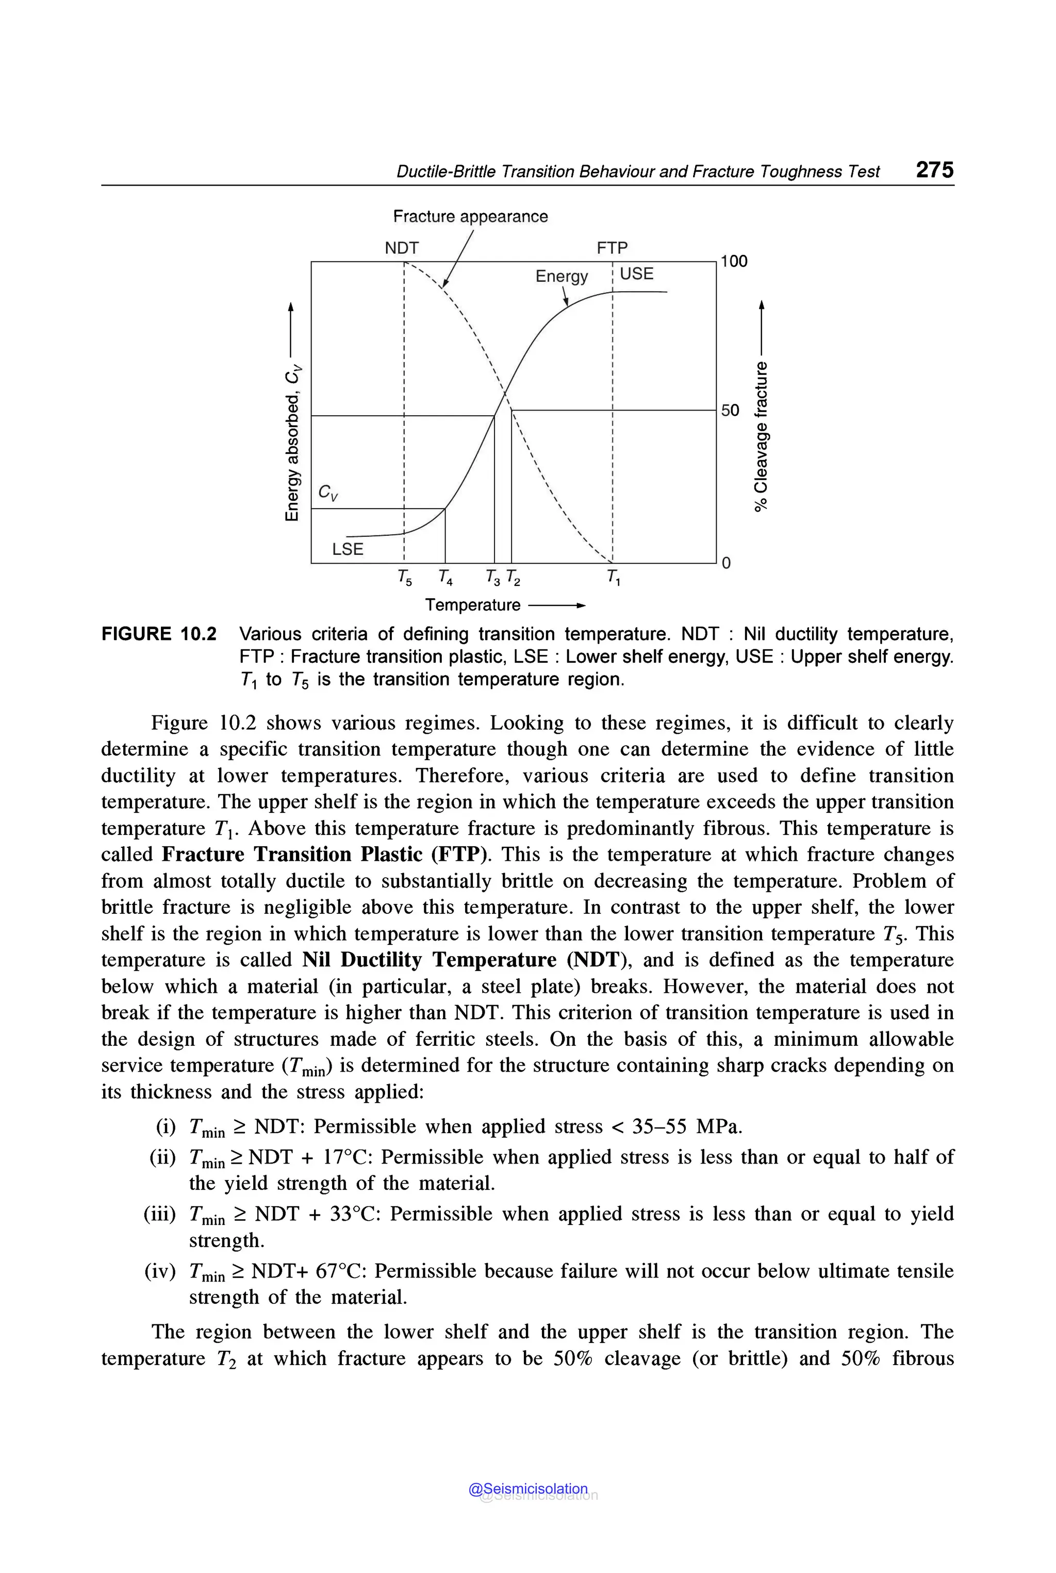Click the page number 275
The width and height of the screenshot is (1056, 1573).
[934, 170]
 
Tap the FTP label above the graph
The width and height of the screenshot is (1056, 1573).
[612, 248]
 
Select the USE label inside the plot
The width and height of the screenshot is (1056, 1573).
[636, 273]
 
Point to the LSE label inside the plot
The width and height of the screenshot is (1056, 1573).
[348, 549]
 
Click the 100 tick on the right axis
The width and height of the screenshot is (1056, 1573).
[734, 261]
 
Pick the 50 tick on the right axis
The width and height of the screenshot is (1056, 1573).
[730, 410]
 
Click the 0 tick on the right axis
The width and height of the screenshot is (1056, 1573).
[726, 563]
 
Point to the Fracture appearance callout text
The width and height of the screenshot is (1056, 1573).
[470, 216]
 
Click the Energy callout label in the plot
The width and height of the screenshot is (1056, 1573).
[561, 276]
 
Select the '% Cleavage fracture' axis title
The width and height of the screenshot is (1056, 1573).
[761, 436]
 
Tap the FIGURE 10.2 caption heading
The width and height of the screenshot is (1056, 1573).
[159, 634]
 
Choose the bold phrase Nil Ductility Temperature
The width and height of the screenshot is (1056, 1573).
[429, 959]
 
